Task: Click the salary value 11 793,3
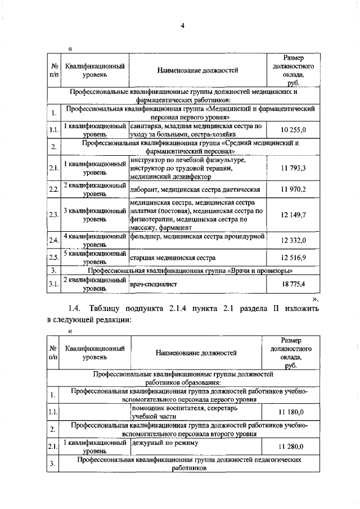point(293,168)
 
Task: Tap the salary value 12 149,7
point(293,215)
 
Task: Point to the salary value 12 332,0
point(293,241)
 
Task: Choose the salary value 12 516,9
point(293,258)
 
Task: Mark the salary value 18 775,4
point(293,284)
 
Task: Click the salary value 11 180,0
point(291,412)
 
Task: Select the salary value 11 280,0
point(291,447)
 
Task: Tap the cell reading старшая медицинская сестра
point(173,258)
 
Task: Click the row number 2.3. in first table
point(54,215)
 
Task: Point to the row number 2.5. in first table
point(54,258)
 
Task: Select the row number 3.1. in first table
point(54,284)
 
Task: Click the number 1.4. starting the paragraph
point(76,309)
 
